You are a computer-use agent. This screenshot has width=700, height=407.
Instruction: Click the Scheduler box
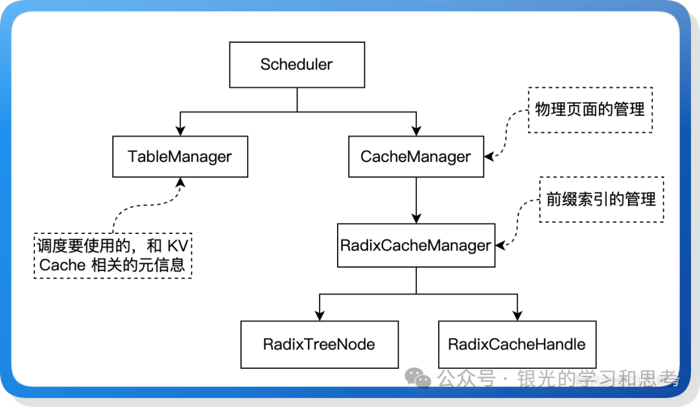tap(296, 65)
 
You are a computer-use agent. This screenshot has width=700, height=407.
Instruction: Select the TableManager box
tap(180, 156)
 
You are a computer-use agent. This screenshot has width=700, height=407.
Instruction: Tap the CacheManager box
tap(415, 156)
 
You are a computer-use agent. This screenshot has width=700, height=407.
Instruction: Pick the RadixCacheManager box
tap(415, 246)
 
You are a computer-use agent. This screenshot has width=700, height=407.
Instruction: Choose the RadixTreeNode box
tap(319, 343)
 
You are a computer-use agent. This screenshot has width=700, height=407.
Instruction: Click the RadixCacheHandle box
tap(517, 343)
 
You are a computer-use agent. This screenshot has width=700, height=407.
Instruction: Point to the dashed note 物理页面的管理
tap(590, 110)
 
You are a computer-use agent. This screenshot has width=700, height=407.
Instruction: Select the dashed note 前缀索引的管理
tap(601, 200)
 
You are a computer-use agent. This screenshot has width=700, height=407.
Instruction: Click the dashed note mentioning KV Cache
tap(113, 255)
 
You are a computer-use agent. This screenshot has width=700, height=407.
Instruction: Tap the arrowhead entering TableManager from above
tap(180, 131)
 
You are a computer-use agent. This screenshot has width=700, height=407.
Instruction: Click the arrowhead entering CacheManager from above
tap(415, 131)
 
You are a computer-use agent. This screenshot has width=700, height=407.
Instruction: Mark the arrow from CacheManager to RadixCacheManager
tap(415, 201)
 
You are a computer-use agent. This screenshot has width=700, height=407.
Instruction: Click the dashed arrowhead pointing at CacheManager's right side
tap(489, 156)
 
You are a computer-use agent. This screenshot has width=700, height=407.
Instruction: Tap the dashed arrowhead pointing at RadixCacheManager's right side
tap(500, 246)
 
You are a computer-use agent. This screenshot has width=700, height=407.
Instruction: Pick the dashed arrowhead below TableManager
tap(180, 183)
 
